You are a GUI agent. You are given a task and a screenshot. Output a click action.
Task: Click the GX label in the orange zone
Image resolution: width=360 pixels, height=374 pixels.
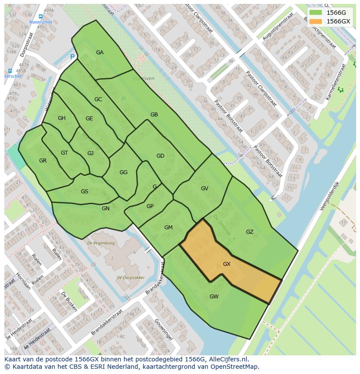coord(227,264)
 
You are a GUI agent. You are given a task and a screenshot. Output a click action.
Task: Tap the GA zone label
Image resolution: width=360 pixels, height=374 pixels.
coord(100,53)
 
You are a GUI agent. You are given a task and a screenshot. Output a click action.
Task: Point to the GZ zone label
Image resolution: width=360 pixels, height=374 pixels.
coord(250,232)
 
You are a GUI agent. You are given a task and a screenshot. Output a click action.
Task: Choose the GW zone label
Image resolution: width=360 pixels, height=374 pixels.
coord(214,297)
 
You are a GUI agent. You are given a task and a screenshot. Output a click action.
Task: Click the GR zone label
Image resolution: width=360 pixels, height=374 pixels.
coord(43,161)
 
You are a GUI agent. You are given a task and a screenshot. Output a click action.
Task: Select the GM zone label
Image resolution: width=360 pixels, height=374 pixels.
coord(168,228)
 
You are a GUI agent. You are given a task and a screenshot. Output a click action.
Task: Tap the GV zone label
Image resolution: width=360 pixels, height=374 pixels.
coord(204,189)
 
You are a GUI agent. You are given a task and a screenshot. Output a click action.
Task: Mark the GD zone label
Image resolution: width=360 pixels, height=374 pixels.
coord(160,156)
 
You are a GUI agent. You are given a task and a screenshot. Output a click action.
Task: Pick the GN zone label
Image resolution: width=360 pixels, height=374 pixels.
coord(106,209)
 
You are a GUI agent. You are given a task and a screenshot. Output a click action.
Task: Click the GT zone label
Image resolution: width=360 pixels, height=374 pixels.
coord(64,153)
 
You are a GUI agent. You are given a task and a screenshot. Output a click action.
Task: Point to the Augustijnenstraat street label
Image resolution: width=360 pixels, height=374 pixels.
coord(278,27)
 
